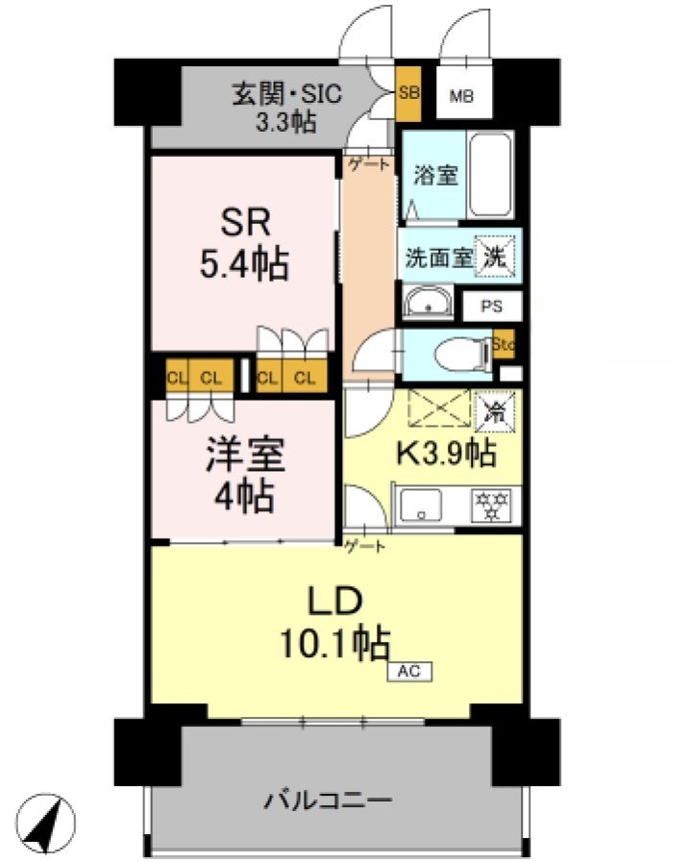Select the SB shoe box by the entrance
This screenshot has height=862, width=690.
tap(407, 93)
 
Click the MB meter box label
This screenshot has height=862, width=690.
tap(464, 96)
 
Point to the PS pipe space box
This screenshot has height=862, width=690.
tap(492, 307)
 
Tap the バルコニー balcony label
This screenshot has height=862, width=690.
tap(329, 800)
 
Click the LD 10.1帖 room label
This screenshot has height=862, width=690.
tap(334, 623)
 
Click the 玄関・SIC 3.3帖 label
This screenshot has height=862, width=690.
tap(274, 108)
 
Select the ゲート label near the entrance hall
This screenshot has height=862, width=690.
tap(370, 164)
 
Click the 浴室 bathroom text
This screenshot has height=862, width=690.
tap(435, 177)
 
